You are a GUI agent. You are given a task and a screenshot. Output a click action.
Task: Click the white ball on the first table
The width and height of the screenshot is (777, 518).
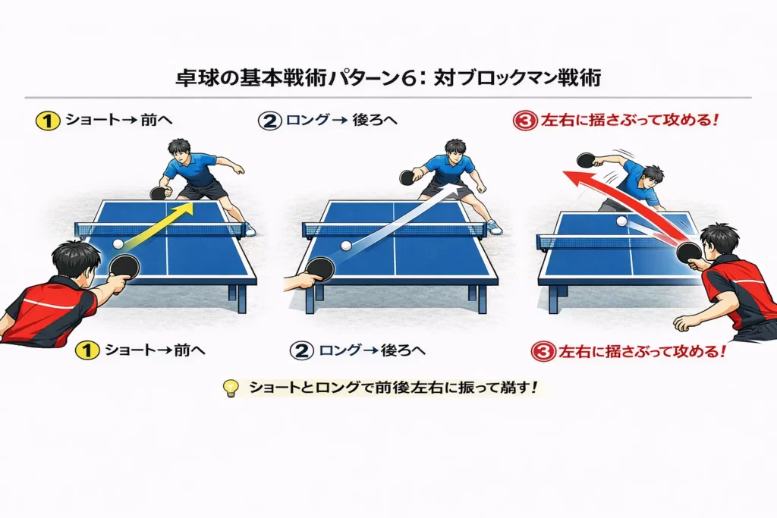(118, 243)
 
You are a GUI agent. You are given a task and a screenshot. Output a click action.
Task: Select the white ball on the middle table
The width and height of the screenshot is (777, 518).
(346, 246)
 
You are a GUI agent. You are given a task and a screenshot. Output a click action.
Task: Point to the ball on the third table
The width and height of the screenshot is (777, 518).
(622, 221)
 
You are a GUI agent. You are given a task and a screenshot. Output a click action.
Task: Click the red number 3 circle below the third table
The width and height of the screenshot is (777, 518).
(543, 351)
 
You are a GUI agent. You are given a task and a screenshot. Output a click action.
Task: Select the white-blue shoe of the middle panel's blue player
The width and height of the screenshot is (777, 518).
(494, 227)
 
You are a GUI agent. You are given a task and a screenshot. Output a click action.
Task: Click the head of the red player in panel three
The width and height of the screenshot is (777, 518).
(719, 239)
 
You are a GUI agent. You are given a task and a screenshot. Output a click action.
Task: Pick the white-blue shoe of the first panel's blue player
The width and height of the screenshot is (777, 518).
(250, 229)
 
